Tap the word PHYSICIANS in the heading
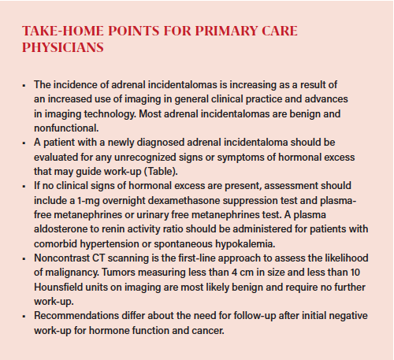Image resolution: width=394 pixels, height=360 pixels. (61, 47)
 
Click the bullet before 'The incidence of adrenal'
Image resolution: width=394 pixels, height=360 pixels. (24, 84)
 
